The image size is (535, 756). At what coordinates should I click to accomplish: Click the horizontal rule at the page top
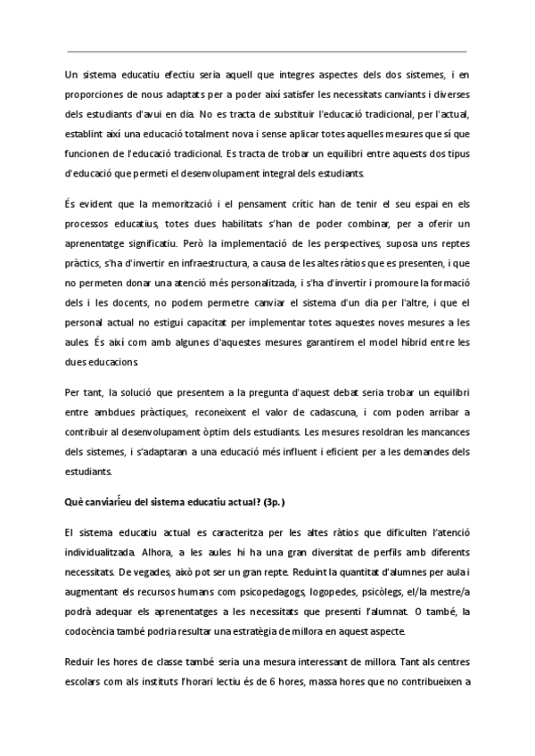[267, 52]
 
